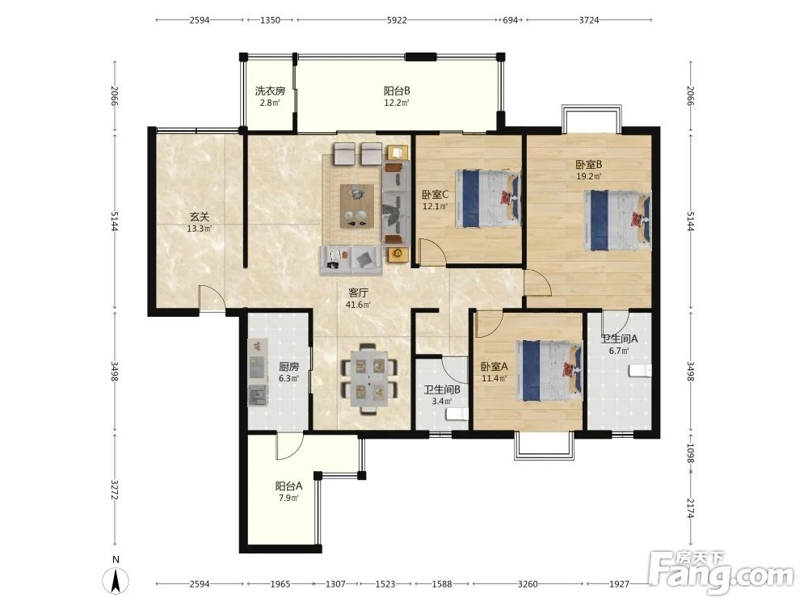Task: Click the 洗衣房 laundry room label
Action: tap(270, 91)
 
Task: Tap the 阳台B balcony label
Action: tap(397, 91)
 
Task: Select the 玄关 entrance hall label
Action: tap(200, 217)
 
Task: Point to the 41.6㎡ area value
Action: tap(358, 305)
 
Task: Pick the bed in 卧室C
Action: tap(488, 199)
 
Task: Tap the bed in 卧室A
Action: tap(549, 370)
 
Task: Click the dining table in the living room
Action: tap(369, 380)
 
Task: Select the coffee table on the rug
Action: tap(356, 205)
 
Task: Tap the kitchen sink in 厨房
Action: tap(258, 395)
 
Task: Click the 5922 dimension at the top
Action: tap(397, 20)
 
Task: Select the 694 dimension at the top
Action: tap(510, 20)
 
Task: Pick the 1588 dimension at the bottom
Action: tap(442, 584)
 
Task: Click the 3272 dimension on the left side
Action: tap(115, 490)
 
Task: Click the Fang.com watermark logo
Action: tap(721, 572)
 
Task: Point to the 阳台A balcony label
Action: tap(288, 486)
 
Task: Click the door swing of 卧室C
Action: tap(431, 251)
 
